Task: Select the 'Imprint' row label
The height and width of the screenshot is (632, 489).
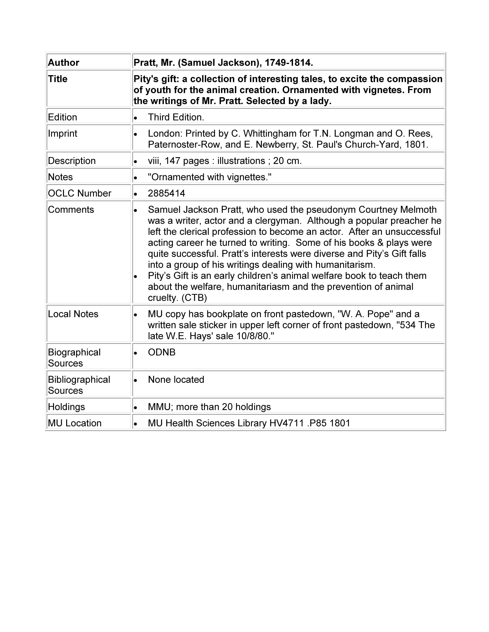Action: pyautogui.click(x=63, y=134)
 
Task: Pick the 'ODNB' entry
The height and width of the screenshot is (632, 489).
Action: pyautogui.click(x=162, y=352)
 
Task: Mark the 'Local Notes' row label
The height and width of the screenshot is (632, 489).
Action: pyautogui.click(x=73, y=314)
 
